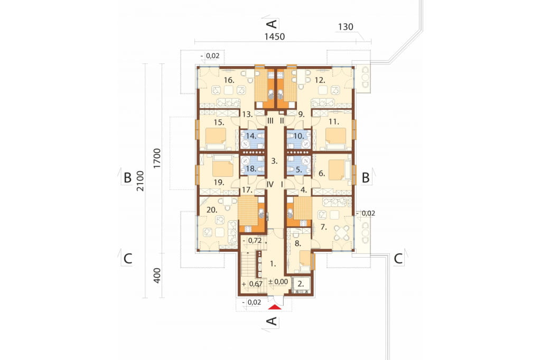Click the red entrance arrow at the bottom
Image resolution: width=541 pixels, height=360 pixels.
[274, 307]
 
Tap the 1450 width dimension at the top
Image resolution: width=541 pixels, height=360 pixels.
[275, 36]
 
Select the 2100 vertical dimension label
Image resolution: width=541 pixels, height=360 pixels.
[140, 181]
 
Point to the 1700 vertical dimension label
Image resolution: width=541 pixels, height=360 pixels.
[157, 158]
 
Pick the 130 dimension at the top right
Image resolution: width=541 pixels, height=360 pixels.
[346, 26]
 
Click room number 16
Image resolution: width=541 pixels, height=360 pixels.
[229, 80]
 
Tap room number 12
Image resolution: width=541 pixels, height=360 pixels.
[320, 80]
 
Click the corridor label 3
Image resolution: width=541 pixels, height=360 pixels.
[274, 160]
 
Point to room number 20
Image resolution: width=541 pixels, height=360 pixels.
[212, 210]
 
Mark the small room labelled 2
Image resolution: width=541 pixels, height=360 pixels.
[301, 284]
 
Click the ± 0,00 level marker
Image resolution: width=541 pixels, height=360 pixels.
[278, 282]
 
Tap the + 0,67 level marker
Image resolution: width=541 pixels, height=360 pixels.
[252, 284]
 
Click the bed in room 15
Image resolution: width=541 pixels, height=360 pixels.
[216, 137]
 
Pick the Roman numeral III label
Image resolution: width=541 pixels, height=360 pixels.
[270, 121]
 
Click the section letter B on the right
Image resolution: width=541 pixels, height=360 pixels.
[366, 178]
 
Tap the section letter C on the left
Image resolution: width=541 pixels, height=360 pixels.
[128, 259]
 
